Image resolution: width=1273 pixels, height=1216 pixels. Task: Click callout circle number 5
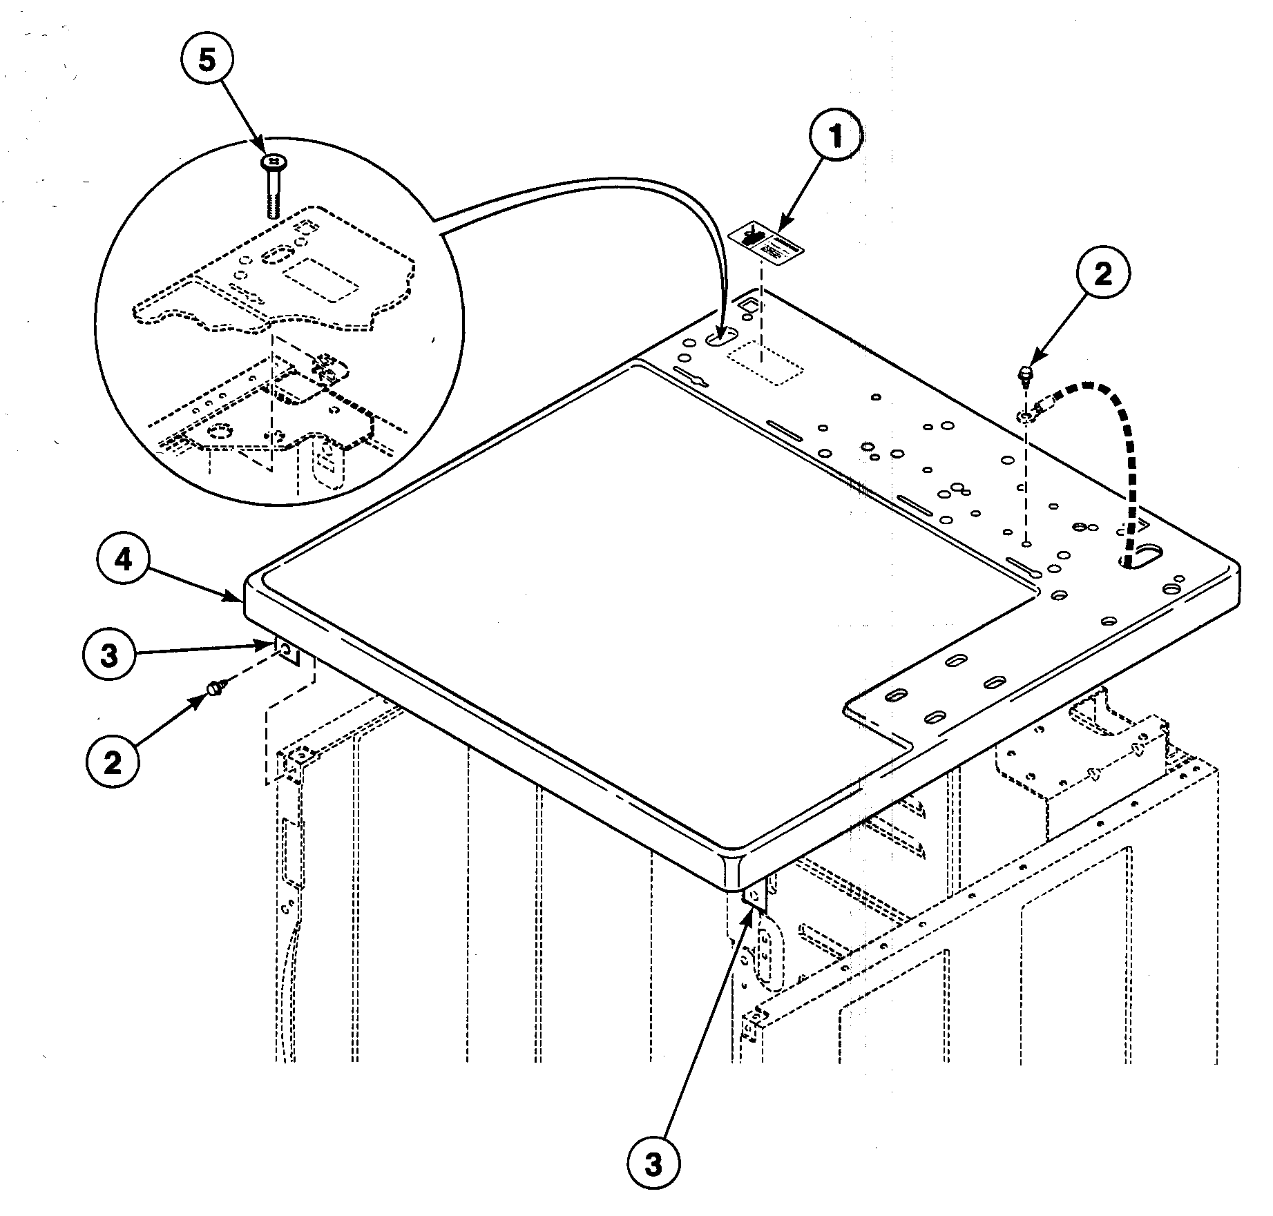pos(207,61)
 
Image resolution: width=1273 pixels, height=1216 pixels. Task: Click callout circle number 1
pos(836,137)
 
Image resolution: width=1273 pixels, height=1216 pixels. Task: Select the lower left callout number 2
pos(113,762)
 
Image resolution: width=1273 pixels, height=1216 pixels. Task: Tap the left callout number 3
pos(109,655)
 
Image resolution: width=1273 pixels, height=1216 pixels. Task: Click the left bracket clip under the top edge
pos(287,650)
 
